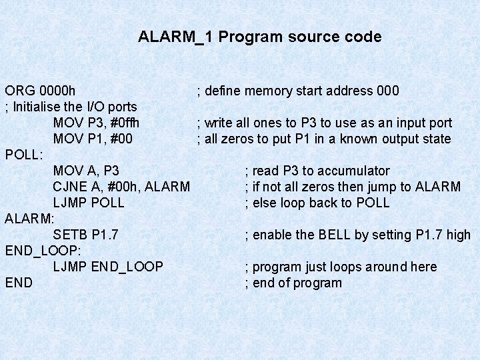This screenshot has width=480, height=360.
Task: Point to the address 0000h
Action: (x=57, y=91)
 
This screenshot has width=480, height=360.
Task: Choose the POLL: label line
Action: (x=24, y=155)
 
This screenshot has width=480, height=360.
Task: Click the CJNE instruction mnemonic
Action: (x=70, y=187)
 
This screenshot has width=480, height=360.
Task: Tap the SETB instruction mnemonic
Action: (x=70, y=235)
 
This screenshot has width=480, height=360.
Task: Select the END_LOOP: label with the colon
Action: (x=43, y=251)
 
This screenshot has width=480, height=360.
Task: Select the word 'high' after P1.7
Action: (x=458, y=235)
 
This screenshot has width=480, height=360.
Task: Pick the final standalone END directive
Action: (x=19, y=283)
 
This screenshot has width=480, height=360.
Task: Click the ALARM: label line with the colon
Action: (x=29, y=219)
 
